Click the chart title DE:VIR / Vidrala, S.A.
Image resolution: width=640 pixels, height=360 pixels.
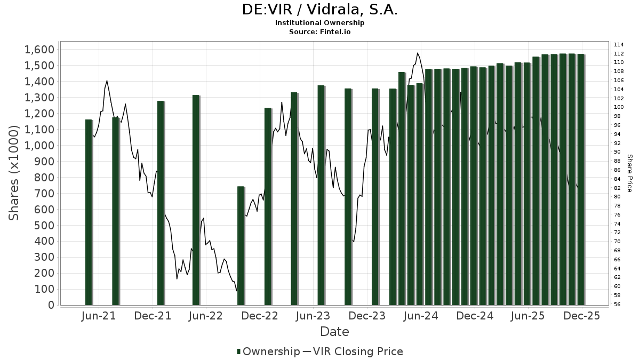319,10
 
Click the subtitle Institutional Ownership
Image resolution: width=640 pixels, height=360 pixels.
319,23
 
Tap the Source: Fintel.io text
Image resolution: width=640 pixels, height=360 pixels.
319,32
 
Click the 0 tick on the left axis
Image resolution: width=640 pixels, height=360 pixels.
52,305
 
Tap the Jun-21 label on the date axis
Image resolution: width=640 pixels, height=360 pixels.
99,316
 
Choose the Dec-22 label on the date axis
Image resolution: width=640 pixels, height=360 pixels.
260,316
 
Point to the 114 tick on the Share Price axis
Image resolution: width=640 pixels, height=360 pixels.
619,44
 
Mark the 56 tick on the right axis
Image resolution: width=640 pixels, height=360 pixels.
617,305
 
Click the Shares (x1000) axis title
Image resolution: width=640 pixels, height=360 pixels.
14,173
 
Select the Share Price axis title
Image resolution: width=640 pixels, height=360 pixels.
629,173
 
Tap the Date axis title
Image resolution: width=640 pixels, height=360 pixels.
334,332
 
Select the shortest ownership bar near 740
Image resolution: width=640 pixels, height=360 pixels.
241,245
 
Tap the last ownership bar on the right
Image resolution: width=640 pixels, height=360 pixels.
581,179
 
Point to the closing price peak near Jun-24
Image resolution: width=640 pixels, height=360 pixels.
418,53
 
